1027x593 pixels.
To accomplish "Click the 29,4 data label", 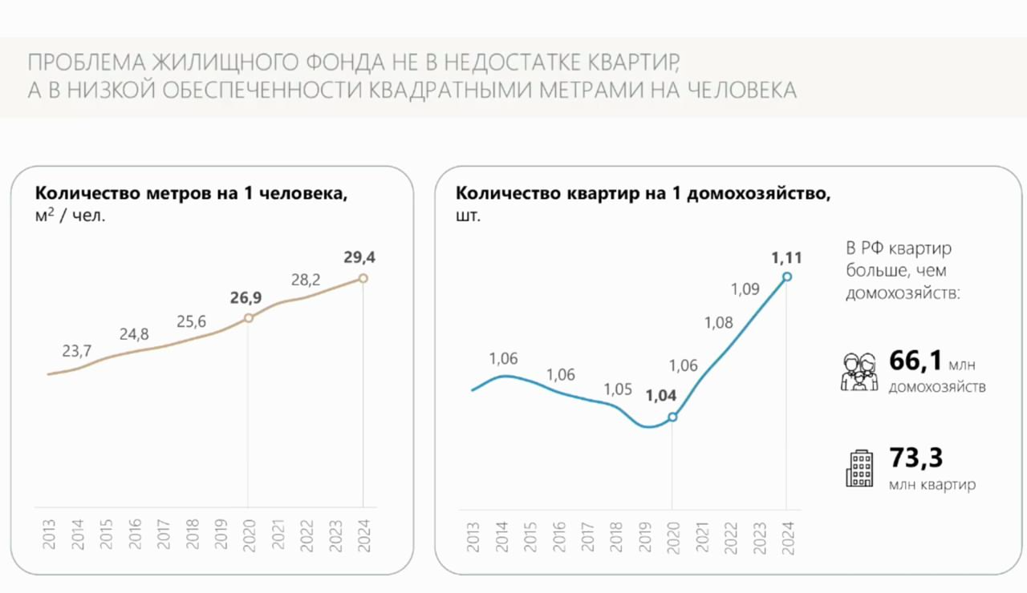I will [x=359, y=257].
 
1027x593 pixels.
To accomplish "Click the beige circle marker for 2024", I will [x=363, y=278].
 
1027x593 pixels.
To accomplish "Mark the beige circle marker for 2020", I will [x=248, y=318].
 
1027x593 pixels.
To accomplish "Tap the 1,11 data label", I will [x=786, y=257].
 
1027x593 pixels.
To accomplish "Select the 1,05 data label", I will [x=618, y=389].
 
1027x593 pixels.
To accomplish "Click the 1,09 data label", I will [x=745, y=289].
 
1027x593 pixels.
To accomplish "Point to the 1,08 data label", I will [x=718, y=323].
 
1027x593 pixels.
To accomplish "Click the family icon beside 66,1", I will [x=859, y=372].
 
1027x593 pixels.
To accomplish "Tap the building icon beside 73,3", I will [x=859, y=469].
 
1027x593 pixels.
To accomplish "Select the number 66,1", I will [x=915, y=361].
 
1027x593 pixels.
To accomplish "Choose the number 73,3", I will [x=915, y=458].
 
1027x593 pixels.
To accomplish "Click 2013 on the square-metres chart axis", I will [x=49, y=535].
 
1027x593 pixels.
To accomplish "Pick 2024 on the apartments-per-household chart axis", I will [x=787, y=535].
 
